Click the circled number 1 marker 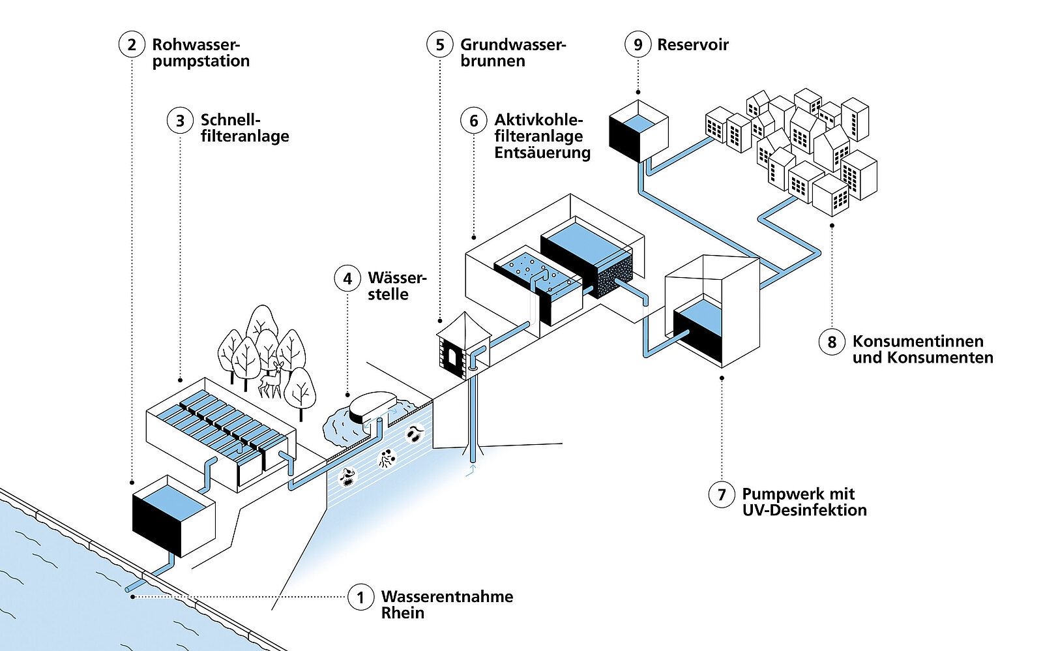pyautogui.click(x=360, y=597)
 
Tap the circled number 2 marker pyautogui.click(x=132, y=44)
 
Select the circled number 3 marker pyautogui.click(x=180, y=121)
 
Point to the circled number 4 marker pyautogui.click(x=347, y=279)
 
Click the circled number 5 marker pyautogui.click(x=440, y=44)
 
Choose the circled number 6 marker pyautogui.click(x=474, y=121)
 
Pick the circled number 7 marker pyautogui.click(x=722, y=494)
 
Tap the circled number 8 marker pyautogui.click(x=832, y=342)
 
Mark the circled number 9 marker pyautogui.click(x=638, y=44)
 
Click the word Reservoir pyautogui.click(x=693, y=44)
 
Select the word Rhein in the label pyautogui.click(x=403, y=613)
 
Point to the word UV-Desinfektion pyautogui.click(x=804, y=510)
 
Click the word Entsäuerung pyautogui.click(x=542, y=153)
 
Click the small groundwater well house pyautogui.click(x=463, y=346)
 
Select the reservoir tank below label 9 pyautogui.click(x=638, y=130)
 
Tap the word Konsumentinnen pyautogui.click(x=918, y=341)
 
